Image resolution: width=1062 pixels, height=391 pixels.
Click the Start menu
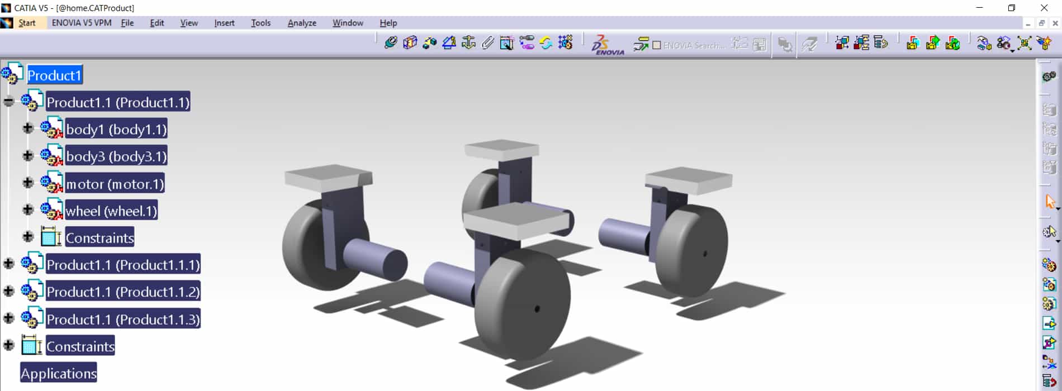tap(27, 23)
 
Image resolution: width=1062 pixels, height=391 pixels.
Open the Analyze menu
tap(302, 23)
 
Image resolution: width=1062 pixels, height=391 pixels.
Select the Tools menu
tap(260, 23)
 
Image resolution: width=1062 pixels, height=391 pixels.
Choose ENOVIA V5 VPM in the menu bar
tap(82, 23)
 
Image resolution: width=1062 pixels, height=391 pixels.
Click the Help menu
tap(388, 23)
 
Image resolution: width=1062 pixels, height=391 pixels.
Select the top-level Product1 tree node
tap(55, 75)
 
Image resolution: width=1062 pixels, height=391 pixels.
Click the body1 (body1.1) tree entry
tap(116, 130)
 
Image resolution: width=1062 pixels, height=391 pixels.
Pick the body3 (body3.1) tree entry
tap(116, 156)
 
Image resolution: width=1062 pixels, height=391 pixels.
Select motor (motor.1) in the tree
tap(115, 184)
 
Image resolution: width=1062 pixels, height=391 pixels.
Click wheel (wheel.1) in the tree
tap(111, 211)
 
